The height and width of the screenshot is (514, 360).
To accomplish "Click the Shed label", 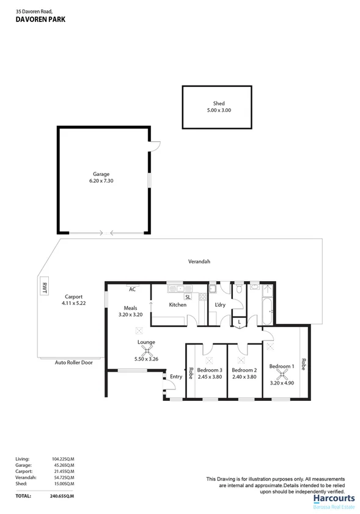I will pyautogui.click(x=218, y=103).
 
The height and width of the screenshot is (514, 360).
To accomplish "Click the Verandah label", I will pyautogui.click(x=199, y=262).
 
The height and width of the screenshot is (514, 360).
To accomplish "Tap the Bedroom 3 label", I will pyautogui.click(x=209, y=370).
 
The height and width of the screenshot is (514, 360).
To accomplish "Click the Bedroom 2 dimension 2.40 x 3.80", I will pyautogui.click(x=244, y=377).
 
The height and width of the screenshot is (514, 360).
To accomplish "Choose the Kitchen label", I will pyautogui.click(x=177, y=304).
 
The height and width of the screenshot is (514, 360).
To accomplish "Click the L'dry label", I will pyautogui.click(x=220, y=304).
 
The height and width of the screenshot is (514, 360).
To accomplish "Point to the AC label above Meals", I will pyautogui.click(x=131, y=289).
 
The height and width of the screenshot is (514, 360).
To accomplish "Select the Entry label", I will pyautogui.click(x=176, y=376).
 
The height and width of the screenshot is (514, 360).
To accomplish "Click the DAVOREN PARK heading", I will pyautogui.click(x=40, y=20).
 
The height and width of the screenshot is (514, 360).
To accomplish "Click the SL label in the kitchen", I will pyautogui.click(x=188, y=296).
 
